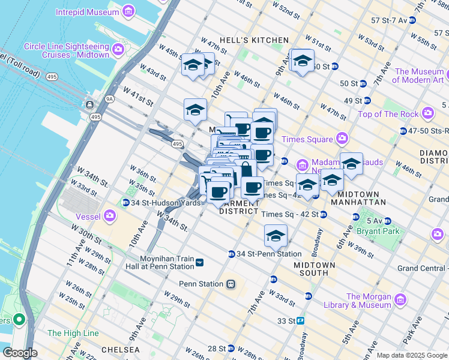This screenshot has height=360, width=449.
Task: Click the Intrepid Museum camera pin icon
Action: [128, 11]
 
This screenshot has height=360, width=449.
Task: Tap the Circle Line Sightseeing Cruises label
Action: [66, 50]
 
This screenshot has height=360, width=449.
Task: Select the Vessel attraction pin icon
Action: [109, 215]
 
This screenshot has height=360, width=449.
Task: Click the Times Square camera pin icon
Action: [342, 139]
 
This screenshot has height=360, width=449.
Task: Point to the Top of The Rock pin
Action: [428, 113]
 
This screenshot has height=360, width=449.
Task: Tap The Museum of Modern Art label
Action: [419, 76]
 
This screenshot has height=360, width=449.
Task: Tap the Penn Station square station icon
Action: [230, 284]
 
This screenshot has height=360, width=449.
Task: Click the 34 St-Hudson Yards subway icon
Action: [125, 203]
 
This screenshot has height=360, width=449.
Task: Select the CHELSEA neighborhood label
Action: [120, 349]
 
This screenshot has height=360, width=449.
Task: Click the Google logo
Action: [19, 353]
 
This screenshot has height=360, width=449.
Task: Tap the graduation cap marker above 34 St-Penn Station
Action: [276, 236]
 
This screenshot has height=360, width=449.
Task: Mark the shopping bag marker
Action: [245, 170]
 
